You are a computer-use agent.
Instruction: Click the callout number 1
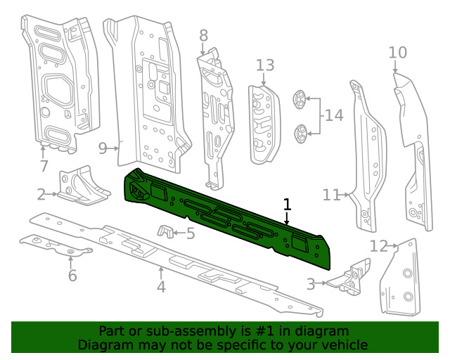(x=287, y=205)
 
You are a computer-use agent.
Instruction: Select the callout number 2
(x=41, y=194)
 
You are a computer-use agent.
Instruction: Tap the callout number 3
(x=311, y=284)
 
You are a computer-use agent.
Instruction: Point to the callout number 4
(x=161, y=286)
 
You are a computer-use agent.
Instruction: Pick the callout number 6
(x=72, y=276)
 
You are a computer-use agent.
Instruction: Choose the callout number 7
(x=44, y=167)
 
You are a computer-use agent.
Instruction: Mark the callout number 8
(x=203, y=35)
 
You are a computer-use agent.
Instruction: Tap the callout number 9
(x=103, y=148)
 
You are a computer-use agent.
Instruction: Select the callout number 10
(x=397, y=52)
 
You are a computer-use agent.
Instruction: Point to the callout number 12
(x=379, y=245)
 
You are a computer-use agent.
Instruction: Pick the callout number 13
(x=264, y=65)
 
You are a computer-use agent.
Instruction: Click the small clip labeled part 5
(x=166, y=231)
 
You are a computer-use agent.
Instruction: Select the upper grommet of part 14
(x=300, y=100)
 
